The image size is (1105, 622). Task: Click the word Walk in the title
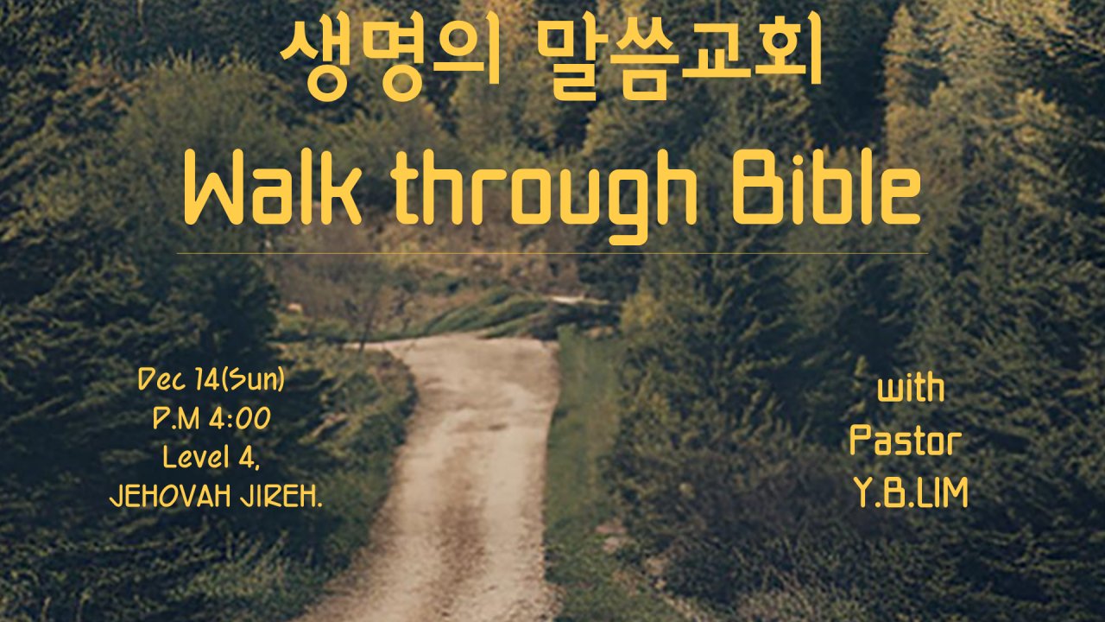(x=273, y=188)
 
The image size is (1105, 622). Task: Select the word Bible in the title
(x=827, y=188)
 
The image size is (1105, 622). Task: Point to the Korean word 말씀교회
(x=679, y=57)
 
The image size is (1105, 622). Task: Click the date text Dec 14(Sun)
(x=212, y=381)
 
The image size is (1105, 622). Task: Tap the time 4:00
(x=240, y=420)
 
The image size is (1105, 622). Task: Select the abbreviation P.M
(x=176, y=420)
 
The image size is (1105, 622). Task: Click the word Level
(x=189, y=458)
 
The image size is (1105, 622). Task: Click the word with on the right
(x=911, y=390)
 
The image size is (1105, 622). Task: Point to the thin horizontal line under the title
(x=552, y=254)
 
